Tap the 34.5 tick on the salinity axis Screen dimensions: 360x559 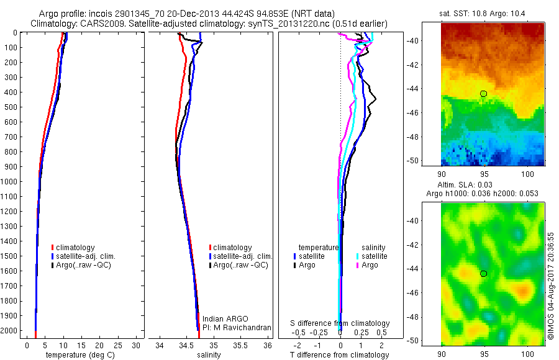186,344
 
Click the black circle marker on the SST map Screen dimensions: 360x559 483,94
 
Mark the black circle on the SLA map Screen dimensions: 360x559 483,274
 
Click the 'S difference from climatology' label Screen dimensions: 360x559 340,323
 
